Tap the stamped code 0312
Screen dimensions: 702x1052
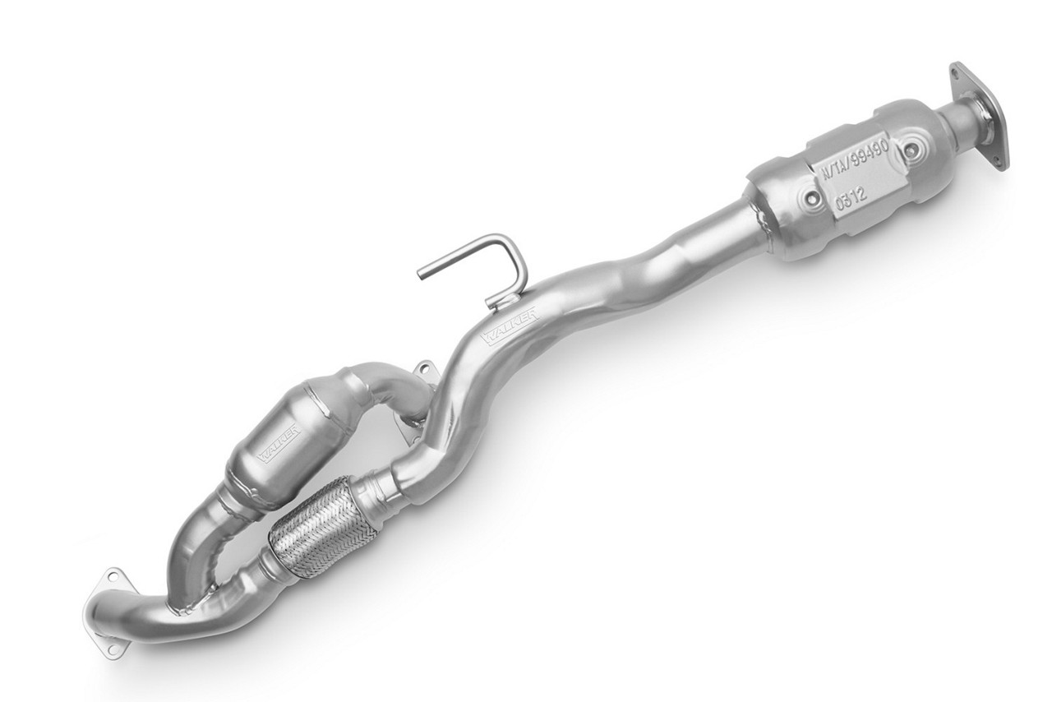click(x=849, y=203)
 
